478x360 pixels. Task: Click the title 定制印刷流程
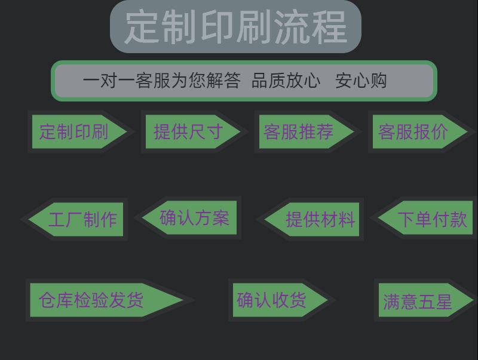point(235,26)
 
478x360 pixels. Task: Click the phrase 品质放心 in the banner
point(286,81)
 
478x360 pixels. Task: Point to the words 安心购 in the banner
point(361,81)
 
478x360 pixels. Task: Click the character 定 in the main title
point(142,26)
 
